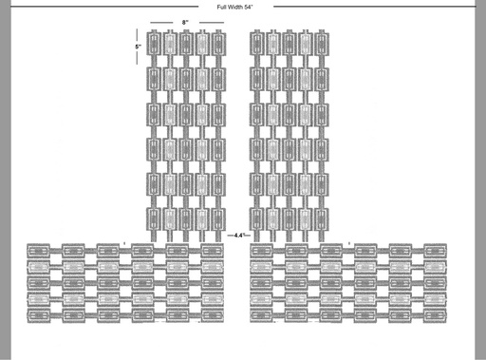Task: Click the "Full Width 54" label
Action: [x=234, y=7]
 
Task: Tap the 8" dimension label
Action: [x=185, y=22]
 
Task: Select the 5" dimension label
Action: [x=138, y=47]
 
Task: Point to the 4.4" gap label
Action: [x=239, y=236]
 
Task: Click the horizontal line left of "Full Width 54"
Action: [x=104, y=7]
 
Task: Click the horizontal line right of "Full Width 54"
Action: [x=374, y=7]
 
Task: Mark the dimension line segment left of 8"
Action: [x=161, y=23]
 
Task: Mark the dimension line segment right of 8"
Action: [x=212, y=23]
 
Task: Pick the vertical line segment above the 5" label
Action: [x=137, y=35]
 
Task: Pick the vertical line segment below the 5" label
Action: [x=137, y=58]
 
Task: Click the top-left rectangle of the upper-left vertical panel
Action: [x=154, y=44]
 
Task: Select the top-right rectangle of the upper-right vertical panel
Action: [x=322, y=44]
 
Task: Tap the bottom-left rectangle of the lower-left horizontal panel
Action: [x=39, y=315]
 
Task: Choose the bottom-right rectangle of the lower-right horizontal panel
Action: [x=435, y=315]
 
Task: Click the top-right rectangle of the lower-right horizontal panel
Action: [x=435, y=251]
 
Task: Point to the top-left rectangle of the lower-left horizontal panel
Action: [x=39, y=251]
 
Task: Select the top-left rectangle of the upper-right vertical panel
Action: [x=256, y=44]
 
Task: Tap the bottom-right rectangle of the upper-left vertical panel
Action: [x=218, y=219]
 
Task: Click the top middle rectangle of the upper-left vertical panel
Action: [x=186, y=44]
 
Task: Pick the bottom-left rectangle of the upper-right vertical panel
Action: [x=256, y=219]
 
